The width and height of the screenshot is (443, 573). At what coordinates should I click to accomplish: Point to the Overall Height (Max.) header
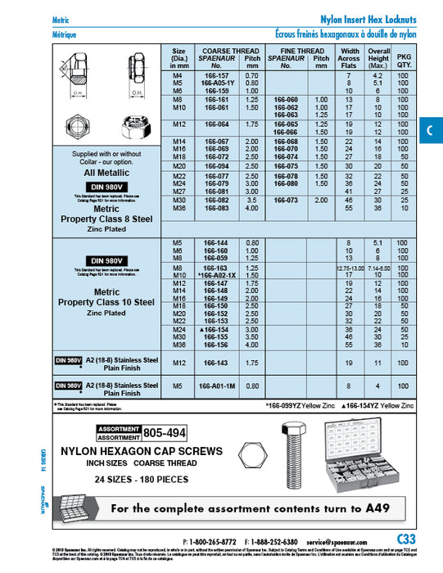378,59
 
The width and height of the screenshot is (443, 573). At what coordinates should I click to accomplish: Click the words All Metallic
108,174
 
